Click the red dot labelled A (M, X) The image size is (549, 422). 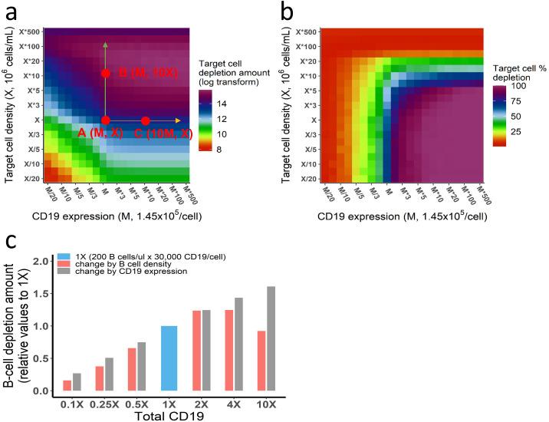pos(106,120)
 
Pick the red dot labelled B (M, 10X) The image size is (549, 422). pos(106,74)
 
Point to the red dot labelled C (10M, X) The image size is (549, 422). pos(146,120)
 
